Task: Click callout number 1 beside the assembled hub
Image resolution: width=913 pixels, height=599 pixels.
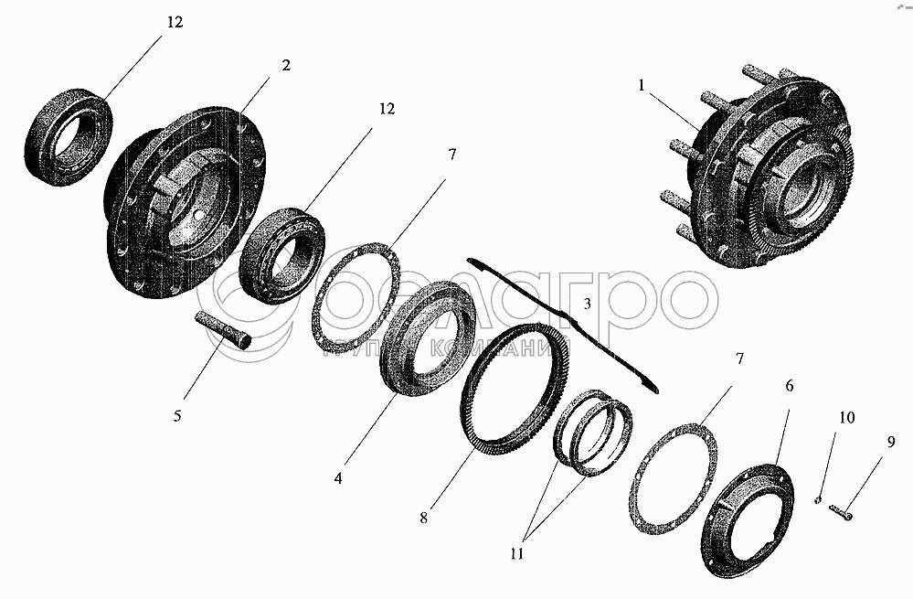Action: point(641,86)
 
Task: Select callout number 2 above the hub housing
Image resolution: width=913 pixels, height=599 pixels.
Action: point(285,65)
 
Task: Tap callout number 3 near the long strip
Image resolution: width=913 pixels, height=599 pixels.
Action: point(587,304)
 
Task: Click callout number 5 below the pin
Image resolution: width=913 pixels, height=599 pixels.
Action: point(177,415)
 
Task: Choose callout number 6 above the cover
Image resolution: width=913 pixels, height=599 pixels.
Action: point(789,385)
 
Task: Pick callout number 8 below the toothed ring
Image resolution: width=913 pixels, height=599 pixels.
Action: point(423,517)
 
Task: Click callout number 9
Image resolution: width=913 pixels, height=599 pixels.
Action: point(891,443)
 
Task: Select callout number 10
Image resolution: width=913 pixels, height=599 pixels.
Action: point(846,417)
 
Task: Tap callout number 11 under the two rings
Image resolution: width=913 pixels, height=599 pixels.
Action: point(517,553)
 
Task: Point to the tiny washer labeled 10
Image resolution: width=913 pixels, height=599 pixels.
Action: point(818,499)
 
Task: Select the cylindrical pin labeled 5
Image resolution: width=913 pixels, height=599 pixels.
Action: point(225,330)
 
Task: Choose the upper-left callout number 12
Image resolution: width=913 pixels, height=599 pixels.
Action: point(175,22)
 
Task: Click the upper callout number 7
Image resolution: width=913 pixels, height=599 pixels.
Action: point(451,154)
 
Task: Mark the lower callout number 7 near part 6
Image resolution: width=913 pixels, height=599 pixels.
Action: point(739,358)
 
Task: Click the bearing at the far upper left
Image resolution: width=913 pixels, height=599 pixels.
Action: point(69,137)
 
